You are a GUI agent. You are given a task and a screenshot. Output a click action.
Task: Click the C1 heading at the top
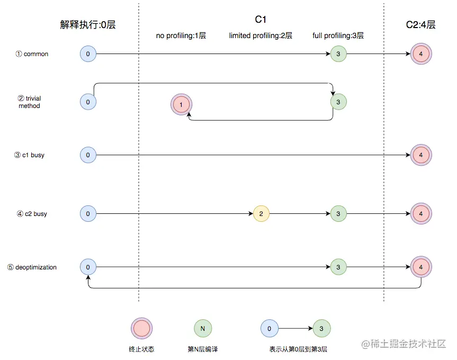tap(261, 20)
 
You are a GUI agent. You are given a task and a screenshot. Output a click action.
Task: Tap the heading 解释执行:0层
tap(88, 24)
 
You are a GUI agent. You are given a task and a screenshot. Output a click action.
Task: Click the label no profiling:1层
tap(181, 36)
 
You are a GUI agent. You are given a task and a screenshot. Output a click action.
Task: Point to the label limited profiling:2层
tap(261, 36)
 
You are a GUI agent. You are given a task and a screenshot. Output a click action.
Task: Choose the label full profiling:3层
tap(338, 36)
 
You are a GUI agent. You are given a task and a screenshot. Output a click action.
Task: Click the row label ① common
tap(32, 54)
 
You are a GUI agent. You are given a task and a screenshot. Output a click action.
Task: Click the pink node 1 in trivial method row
tap(181, 105)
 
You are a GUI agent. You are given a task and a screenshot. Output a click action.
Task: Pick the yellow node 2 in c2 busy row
tap(261, 214)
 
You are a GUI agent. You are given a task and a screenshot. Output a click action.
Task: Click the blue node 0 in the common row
tap(88, 54)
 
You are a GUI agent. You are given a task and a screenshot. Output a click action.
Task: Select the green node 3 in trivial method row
tap(338, 101)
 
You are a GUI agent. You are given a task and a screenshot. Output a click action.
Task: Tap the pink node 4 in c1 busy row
tap(421, 155)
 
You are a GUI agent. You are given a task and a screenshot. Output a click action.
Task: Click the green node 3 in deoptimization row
tap(338, 267)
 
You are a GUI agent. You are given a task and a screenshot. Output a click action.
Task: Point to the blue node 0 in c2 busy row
tap(88, 214)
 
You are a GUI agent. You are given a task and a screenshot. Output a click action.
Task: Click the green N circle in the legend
tap(202, 329)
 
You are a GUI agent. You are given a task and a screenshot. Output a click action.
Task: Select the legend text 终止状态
tap(141, 349)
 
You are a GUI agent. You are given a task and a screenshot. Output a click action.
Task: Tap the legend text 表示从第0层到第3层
tap(298, 349)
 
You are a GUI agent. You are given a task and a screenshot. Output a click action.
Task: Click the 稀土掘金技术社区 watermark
tap(405, 345)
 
